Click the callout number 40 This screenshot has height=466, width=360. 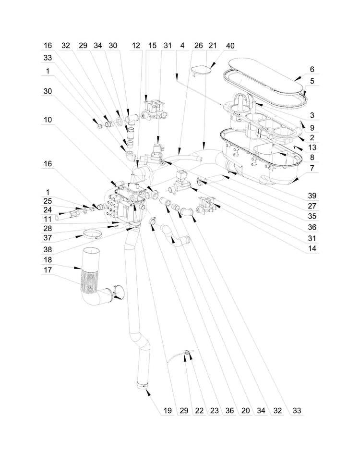point(230,46)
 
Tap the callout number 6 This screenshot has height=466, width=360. point(312,69)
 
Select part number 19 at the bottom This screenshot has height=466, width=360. point(168,410)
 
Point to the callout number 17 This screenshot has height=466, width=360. point(48,270)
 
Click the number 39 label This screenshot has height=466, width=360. point(312,196)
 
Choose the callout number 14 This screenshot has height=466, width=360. point(312,248)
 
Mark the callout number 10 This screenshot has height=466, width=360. point(48,120)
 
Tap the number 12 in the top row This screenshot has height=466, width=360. point(136,46)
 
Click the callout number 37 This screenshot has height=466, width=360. point(48,238)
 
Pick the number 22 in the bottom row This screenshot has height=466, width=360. point(199,410)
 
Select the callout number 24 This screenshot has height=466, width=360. point(48,210)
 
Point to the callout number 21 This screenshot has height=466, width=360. point(213,46)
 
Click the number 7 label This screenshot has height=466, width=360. point(312,168)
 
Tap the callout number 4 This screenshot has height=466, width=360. point(182,46)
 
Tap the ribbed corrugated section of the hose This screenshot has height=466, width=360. point(89,283)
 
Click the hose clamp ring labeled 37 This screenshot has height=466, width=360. point(92,234)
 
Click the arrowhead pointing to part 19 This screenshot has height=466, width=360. point(148,393)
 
